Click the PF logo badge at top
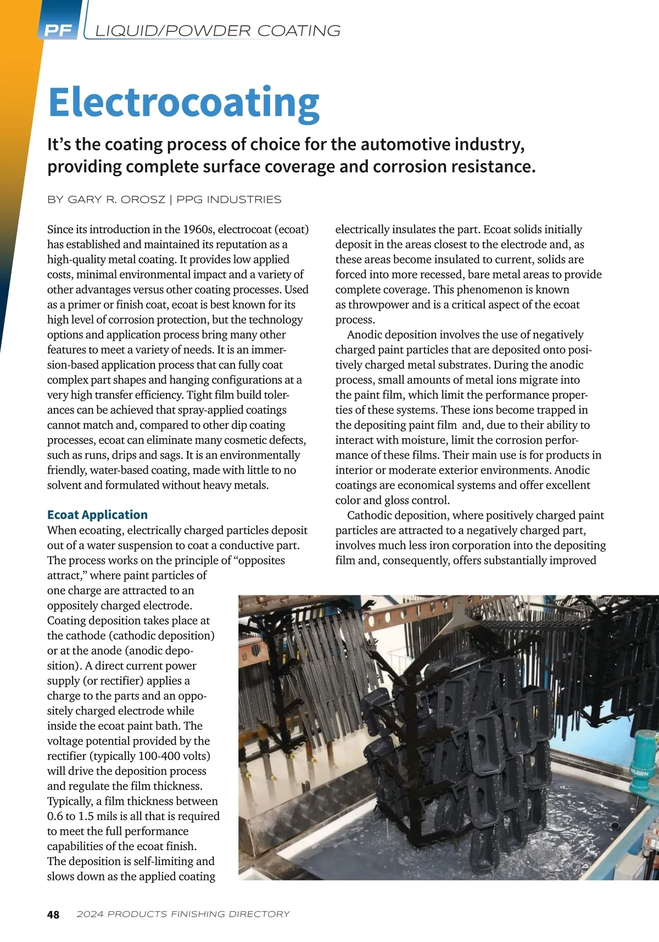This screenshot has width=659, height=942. tap(58, 31)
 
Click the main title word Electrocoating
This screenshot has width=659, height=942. tap(184, 103)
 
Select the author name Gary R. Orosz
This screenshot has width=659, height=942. tap(116, 200)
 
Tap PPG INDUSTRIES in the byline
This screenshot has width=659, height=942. tap(228, 200)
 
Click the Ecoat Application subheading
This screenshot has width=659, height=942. tap(97, 514)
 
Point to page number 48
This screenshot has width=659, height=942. tap(53, 915)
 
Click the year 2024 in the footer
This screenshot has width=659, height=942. tap(90, 915)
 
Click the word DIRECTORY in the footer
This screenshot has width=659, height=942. tap(259, 915)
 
